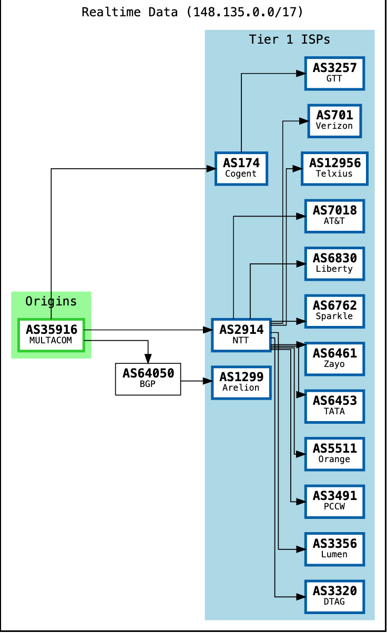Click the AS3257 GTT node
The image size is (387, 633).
[334, 73]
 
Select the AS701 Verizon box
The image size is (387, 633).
[334, 121]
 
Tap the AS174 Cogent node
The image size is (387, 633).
[241, 169]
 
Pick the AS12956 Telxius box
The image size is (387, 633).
[334, 169]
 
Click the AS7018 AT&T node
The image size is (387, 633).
[334, 216]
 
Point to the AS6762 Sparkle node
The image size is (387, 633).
[334, 311]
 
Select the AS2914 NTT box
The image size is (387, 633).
[241, 335]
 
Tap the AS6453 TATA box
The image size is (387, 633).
[334, 406]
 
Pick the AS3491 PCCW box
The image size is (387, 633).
[334, 502]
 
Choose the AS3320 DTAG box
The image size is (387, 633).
[334, 597]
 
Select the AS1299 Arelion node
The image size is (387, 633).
[241, 382]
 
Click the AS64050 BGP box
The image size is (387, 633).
[148, 379]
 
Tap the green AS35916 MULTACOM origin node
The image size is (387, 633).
[51, 335]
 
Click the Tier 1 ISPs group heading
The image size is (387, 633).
[290, 40]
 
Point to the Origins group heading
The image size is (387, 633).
[51, 302]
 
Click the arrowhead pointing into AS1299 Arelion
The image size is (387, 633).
[207, 381]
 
